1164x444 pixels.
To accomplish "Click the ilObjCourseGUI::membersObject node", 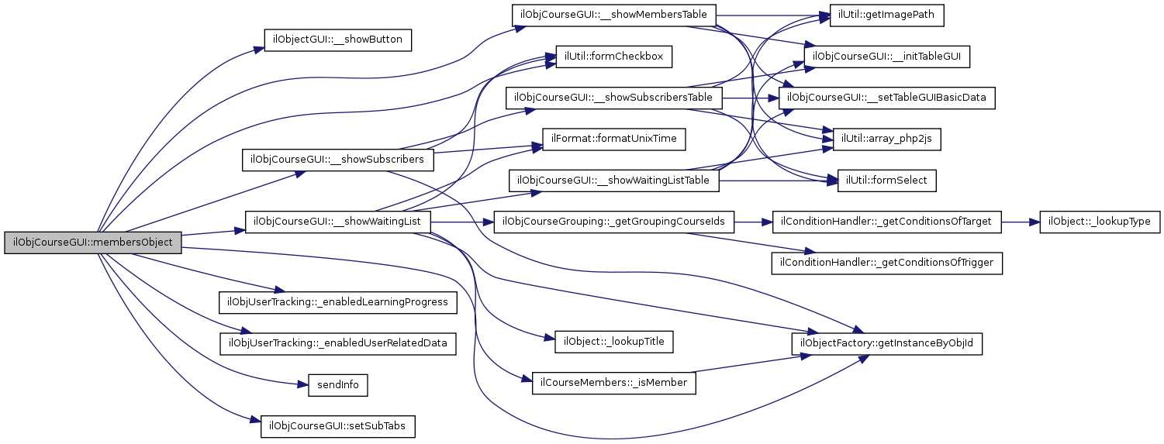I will click(x=93, y=242).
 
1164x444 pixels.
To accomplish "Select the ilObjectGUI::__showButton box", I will click(x=337, y=40).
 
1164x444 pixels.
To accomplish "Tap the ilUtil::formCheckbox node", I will click(x=613, y=57).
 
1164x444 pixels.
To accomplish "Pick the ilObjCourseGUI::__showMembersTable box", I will click(x=613, y=15).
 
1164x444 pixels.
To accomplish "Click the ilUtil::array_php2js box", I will click(x=887, y=139).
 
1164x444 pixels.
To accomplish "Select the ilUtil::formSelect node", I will click(x=887, y=181).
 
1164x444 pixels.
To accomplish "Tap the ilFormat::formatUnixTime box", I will click(x=613, y=139).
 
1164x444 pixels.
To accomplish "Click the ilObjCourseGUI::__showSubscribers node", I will click(x=337, y=160).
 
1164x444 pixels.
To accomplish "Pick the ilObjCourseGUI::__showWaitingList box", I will click(x=337, y=222).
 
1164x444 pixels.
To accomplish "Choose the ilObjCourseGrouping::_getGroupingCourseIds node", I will click(x=613, y=222).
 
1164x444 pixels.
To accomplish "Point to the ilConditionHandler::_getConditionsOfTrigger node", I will click(x=887, y=263).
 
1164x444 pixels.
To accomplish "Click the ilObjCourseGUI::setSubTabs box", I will click(x=337, y=426).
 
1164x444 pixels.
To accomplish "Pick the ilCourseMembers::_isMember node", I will click(x=613, y=384).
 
